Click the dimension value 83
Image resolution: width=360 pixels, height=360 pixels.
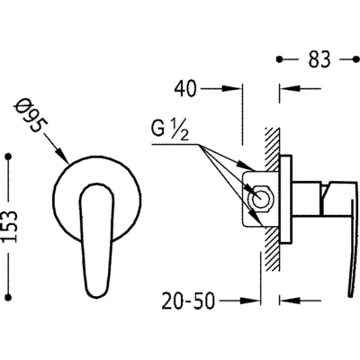tap(319, 59)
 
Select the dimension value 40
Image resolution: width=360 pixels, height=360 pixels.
tap(185, 89)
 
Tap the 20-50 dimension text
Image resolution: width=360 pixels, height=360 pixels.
tap(188, 301)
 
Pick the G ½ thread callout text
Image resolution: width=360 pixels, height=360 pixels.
tap(170, 130)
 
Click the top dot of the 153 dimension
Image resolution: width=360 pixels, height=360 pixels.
tap(9, 157)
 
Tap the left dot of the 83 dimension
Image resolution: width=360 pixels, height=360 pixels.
tap(280, 59)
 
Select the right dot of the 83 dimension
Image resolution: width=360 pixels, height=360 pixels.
tap(356, 59)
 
